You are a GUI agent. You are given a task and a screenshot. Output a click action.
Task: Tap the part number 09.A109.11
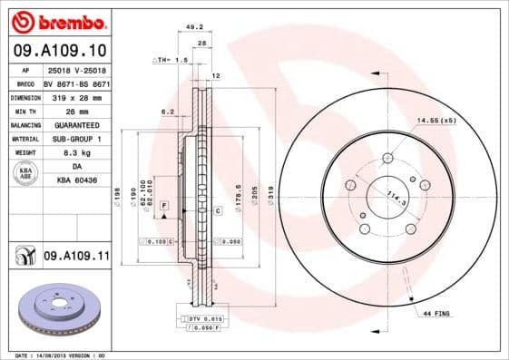(75, 257)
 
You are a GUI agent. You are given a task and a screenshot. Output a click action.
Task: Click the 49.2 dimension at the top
(193, 27)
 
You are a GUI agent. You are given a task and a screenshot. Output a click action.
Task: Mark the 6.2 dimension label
(167, 112)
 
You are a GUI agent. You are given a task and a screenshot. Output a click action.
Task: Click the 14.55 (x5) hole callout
(435, 120)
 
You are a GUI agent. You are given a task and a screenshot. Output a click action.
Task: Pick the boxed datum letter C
(219, 210)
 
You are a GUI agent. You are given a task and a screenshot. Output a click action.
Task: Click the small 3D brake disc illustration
(56, 309)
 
